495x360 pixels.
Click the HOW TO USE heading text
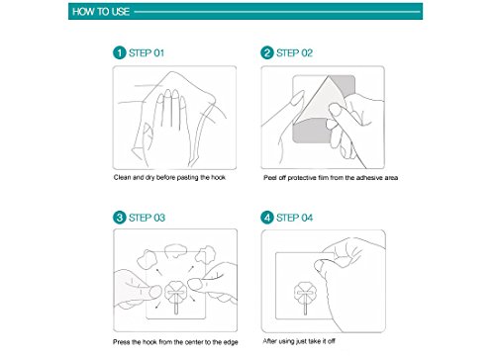pos(101,12)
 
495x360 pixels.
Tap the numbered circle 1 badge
pos(119,52)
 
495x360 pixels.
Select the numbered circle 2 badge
pos(267,52)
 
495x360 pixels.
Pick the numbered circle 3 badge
pos(119,218)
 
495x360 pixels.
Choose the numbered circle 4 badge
pos(267,218)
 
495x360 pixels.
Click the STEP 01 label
pos(147,53)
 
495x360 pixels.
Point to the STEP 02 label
pos(294,53)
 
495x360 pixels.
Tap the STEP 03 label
pos(147,218)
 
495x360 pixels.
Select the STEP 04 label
pos(294,218)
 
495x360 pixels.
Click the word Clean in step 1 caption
pos(122,177)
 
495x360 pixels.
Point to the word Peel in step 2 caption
pos(270,178)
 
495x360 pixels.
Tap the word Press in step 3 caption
pos(122,342)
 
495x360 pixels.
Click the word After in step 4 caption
pos(270,341)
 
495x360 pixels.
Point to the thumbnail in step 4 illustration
pos(319,266)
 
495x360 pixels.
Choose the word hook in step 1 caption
pos(218,177)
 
